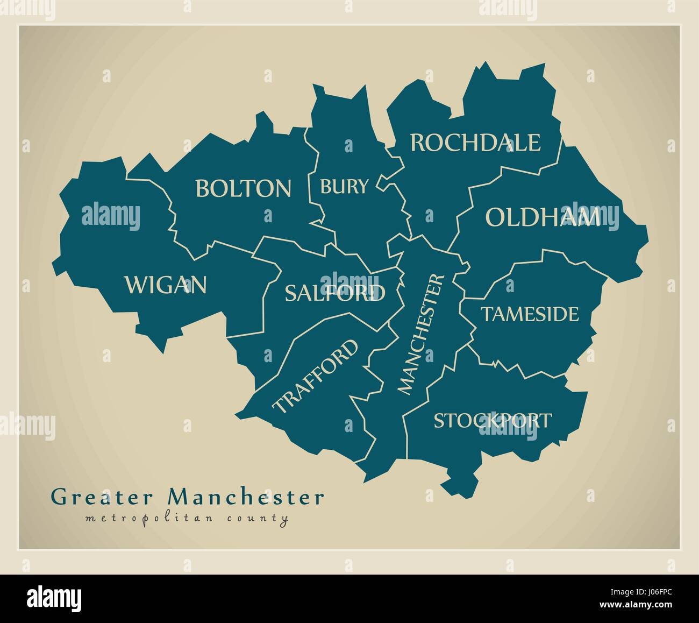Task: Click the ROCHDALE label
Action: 475,143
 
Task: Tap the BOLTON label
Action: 243,189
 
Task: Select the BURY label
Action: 344,187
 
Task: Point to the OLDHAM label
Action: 543,218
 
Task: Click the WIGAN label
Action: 166,285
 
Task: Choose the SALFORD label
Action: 335,293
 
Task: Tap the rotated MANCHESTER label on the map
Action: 422,334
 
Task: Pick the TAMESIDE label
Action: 530,314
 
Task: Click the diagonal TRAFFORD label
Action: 316,376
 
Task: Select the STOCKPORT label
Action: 493,420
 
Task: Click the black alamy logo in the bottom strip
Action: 55,598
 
